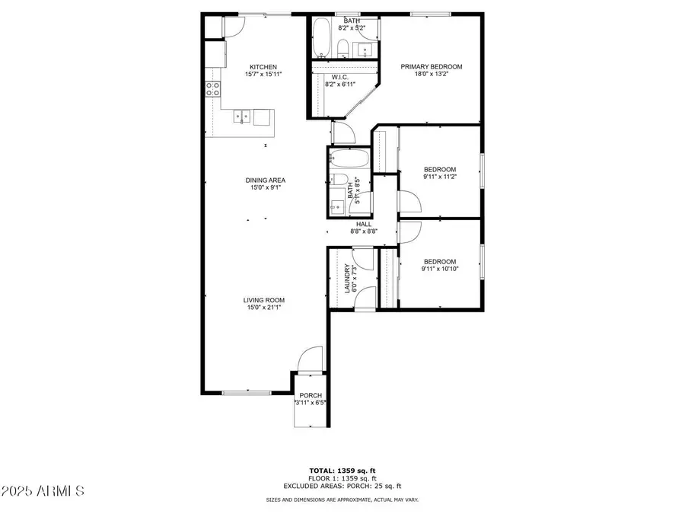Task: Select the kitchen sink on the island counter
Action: [x=243, y=117]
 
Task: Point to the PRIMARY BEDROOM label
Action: [x=432, y=67]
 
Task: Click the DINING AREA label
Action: [x=265, y=180]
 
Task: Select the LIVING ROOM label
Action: [x=264, y=300]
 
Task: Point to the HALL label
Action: [x=364, y=224]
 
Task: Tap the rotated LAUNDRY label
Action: [x=346, y=279]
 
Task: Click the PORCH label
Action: [x=310, y=395]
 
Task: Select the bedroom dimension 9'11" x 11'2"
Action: [x=440, y=177]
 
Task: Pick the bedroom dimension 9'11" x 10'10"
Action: [x=440, y=269]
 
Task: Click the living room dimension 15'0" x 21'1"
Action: [x=264, y=308]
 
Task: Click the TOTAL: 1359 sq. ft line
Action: [x=342, y=471]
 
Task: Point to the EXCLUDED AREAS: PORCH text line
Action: [x=342, y=486]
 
